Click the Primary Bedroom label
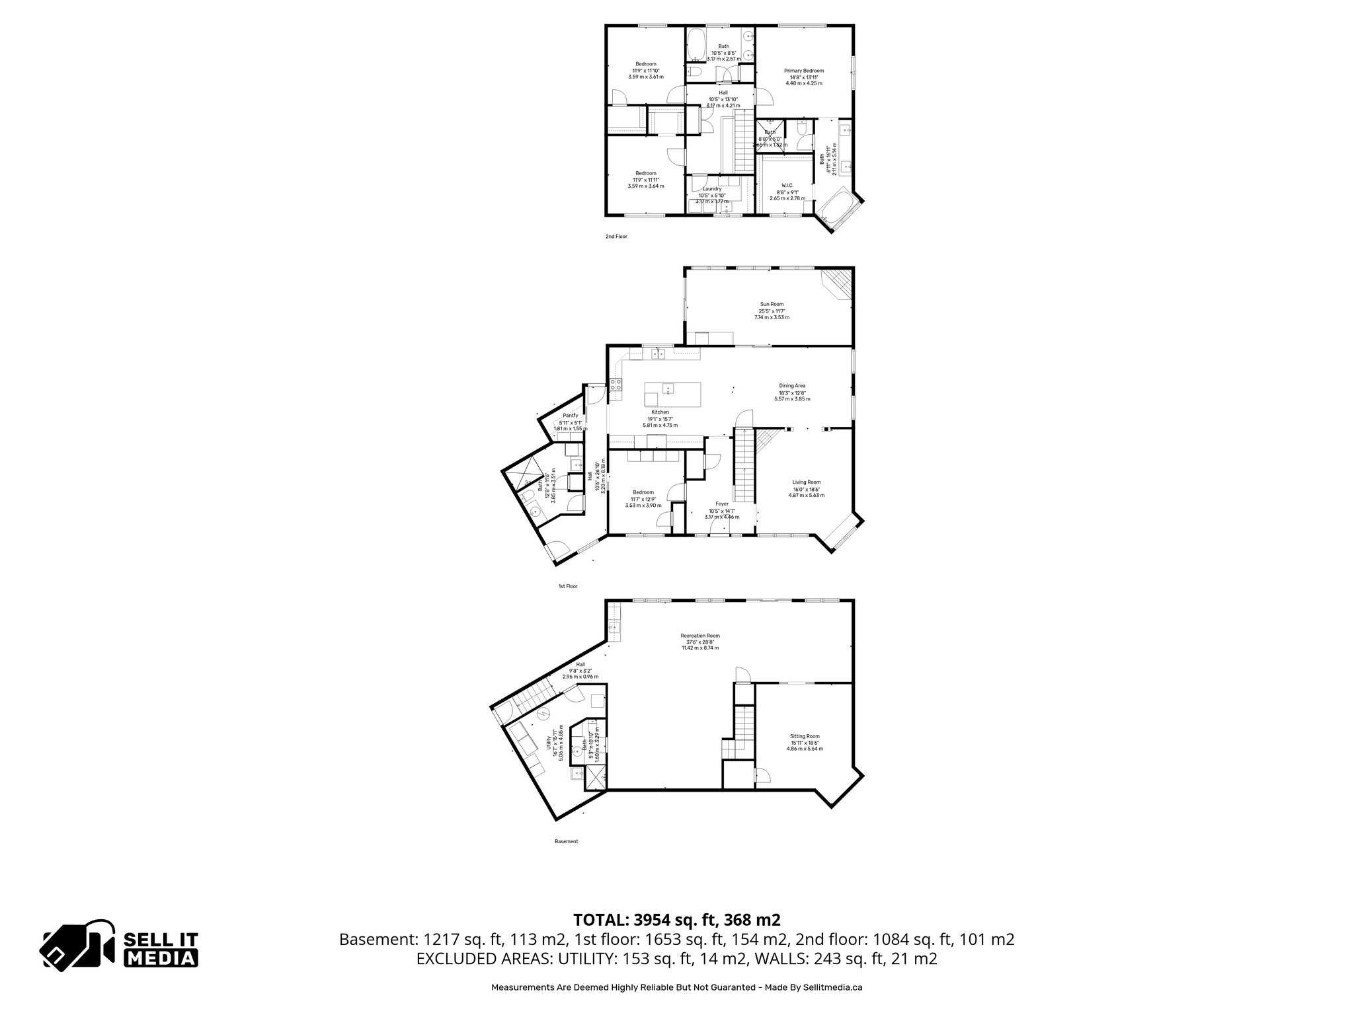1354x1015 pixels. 804,71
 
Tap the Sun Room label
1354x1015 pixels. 772,305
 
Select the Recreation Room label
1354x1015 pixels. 700,636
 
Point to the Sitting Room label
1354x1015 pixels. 805,736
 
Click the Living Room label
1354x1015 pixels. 806,482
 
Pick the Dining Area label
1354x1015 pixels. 792,386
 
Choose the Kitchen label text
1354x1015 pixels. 660,412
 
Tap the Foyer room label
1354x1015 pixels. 722,504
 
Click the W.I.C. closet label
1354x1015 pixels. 787,186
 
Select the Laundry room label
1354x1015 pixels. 712,189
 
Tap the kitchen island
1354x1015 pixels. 672,396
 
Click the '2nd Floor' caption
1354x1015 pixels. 616,236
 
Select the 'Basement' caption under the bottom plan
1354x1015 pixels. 566,841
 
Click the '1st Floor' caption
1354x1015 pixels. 568,586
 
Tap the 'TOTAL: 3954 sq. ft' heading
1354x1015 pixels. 676,920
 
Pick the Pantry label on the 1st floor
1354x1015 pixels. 571,416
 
